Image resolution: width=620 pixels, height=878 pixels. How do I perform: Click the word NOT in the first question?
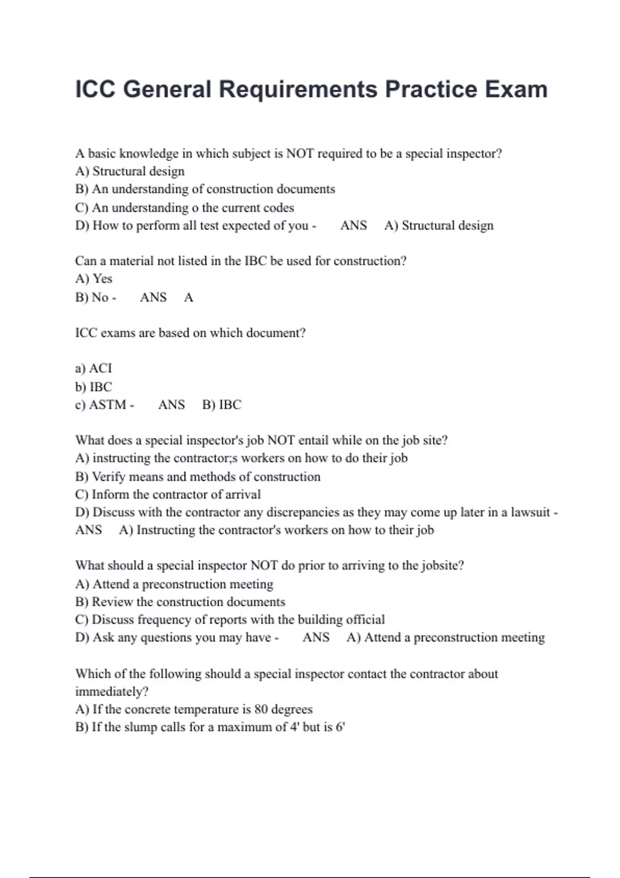300,153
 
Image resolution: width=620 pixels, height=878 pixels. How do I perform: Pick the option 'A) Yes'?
94,279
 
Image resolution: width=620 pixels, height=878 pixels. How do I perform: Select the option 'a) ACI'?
94,368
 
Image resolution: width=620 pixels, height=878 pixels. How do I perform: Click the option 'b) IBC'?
94,387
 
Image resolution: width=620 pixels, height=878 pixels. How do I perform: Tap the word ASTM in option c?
107,404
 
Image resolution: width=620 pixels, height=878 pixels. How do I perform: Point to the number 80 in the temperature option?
261,709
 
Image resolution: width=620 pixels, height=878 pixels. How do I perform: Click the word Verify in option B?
109,477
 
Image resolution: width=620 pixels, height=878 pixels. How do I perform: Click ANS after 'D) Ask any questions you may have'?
316,637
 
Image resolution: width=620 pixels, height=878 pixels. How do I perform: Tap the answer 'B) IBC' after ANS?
222,404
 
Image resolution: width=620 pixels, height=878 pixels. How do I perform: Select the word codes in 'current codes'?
278,208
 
